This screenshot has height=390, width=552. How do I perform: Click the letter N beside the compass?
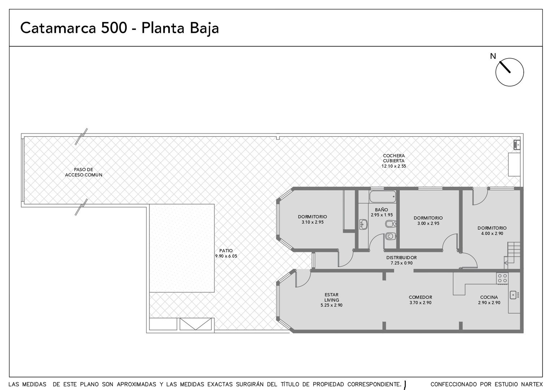pos(493,56)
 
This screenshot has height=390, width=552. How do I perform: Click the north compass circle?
pos(509,58)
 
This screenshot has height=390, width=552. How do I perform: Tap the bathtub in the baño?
pos(383,196)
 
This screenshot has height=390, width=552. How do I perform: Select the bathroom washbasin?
pos(363,225)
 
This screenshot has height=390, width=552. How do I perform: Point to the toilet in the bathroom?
pos(391,236)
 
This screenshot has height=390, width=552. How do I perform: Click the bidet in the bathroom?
pos(391,224)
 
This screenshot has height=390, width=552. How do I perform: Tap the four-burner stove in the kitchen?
pos(502,278)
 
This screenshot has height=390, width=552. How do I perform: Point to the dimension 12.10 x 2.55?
pos(393,166)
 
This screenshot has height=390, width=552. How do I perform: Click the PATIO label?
pos(226,251)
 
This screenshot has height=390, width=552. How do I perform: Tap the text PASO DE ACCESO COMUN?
pos(83,172)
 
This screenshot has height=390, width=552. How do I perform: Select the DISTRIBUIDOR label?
pos(401,258)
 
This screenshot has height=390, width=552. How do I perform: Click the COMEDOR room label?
pos(421,297)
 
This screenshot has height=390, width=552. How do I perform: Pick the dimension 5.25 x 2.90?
pos(331,305)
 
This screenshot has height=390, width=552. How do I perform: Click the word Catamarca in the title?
pos(58,28)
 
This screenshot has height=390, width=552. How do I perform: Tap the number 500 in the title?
pos(114,28)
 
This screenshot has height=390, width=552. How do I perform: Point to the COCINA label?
pos(489,297)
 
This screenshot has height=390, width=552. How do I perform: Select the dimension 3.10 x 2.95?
pos(312,222)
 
